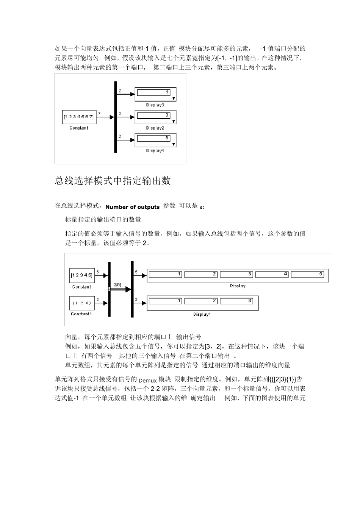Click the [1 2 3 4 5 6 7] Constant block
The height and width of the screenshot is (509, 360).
(79, 117)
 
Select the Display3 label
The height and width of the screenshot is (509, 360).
(155, 105)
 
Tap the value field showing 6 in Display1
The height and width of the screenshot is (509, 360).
(153, 138)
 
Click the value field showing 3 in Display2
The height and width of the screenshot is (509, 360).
(153, 115)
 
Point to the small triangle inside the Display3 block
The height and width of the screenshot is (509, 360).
(174, 98)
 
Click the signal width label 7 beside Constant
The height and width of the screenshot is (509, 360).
(99, 113)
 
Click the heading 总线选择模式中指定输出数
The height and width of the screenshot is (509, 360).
(113, 181)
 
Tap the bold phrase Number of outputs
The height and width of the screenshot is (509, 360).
(132, 207)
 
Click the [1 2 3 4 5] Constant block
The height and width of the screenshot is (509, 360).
(81, 275)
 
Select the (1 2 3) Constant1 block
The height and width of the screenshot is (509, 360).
(81, 303)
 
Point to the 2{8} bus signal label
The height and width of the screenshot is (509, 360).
(117, 285)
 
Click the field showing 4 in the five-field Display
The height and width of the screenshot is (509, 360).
(272, 274)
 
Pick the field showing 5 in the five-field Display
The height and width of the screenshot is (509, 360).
(308, 274)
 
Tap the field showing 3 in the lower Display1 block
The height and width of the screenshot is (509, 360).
(236, 301)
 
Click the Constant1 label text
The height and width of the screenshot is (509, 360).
(81, 314)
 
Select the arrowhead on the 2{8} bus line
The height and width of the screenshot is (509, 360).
(128, 289)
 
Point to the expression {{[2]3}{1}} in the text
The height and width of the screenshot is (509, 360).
(284, 379)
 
